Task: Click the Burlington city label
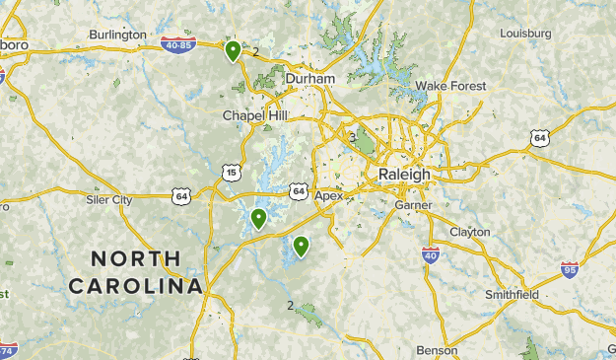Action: (116, 36)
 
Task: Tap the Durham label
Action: (310, 79)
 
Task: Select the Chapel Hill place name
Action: (254, 116)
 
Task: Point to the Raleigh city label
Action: (404, 174)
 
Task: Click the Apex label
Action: (329, 195)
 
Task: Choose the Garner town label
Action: (412, 205)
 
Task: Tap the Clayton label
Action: (469, 232)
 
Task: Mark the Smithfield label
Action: (512, 295)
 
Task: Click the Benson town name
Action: (437, 350)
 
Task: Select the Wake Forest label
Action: (450, 86)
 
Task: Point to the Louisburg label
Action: (525, 34)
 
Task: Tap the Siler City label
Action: (108, 200)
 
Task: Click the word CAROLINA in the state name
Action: (135, 286)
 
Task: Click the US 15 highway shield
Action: (232, 173)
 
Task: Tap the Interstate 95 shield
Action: (569, 268)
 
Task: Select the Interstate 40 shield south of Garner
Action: (431, 255)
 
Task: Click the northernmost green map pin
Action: (234, 50)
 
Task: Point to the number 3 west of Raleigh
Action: (352, 138)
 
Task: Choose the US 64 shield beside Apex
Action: (298, 189)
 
